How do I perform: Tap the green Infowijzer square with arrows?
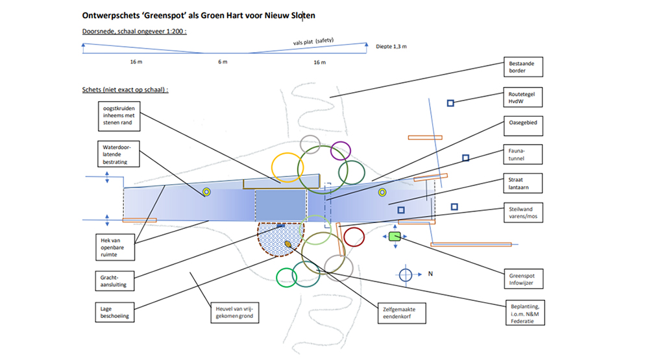point(395,237)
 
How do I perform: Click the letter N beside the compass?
point(430,274)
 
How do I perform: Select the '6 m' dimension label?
point(223,62)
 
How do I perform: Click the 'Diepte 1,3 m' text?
point(391,46)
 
